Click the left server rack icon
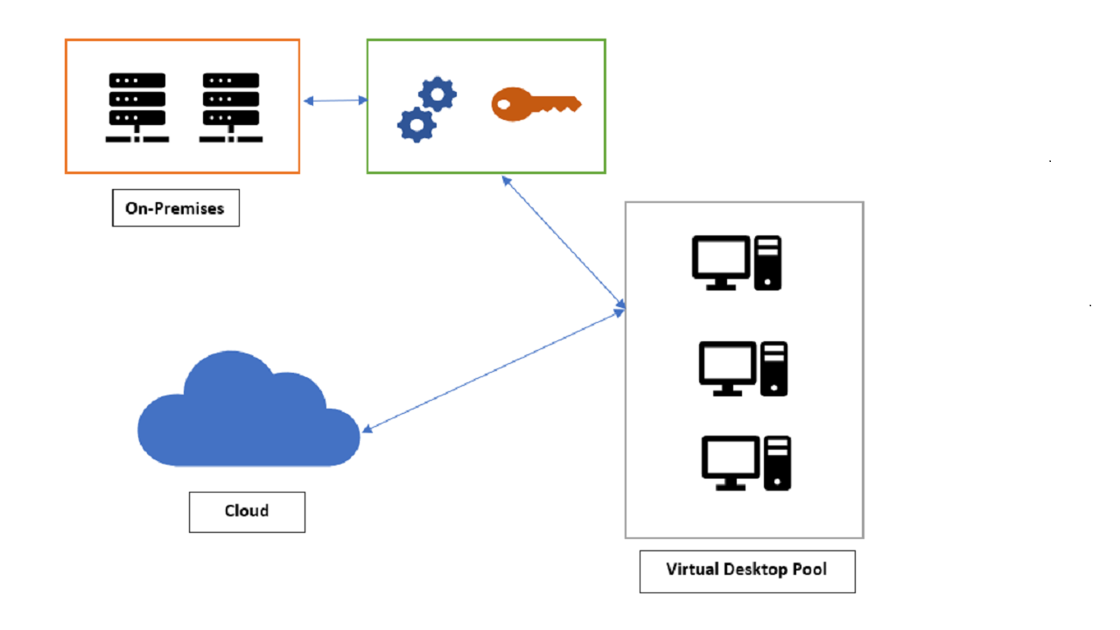(136, 106)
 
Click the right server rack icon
(231, 106)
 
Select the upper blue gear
(437, 94)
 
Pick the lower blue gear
(416, 125)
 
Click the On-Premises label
(175, 208)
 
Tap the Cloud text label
(247, 511)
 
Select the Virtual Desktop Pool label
(746, 570)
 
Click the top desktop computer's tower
(767, 262)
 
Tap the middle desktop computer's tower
(773, 368)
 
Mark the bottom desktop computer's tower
(778, 463)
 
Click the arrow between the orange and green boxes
(335, 101)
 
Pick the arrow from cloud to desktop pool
(494, 369)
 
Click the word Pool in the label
(810, 570)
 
